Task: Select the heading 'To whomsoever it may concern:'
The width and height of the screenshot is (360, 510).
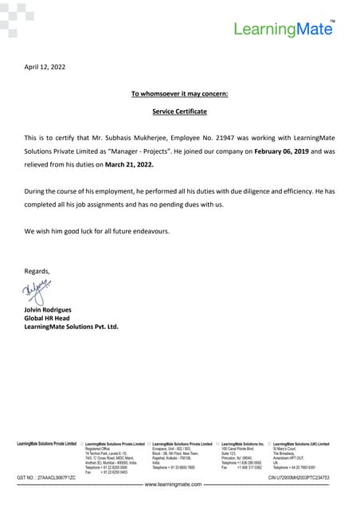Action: [179, 94]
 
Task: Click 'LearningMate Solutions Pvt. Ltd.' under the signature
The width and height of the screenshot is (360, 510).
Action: [71, 327]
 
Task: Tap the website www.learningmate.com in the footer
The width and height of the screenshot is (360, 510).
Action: [178, 484]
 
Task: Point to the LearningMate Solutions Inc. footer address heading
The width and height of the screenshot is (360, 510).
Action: [243, 443]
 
